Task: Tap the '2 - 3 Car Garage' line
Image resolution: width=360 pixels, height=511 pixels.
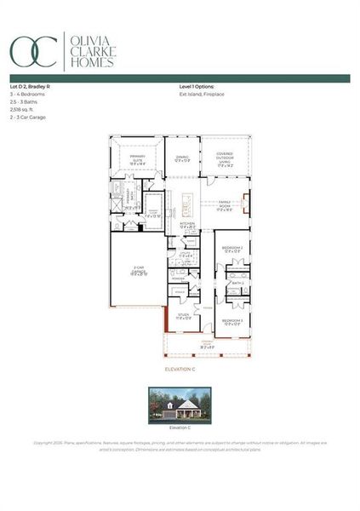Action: tap(28, 118)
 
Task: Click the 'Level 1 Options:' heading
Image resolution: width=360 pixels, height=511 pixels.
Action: tap(197, 87)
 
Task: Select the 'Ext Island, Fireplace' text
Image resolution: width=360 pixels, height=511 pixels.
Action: tap(202, 95)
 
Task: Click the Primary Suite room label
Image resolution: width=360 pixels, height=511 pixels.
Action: tap(136, 159)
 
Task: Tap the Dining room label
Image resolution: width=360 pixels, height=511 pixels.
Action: tap(182, 158)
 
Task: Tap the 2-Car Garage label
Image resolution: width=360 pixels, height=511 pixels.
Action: tap(139, 273)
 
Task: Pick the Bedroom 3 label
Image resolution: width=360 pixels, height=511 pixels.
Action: tap(231, 322)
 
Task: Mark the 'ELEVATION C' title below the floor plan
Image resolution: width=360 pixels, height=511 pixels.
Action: tap(180, 370)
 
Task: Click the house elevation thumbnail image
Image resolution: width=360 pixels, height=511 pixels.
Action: tap(180, 405)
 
